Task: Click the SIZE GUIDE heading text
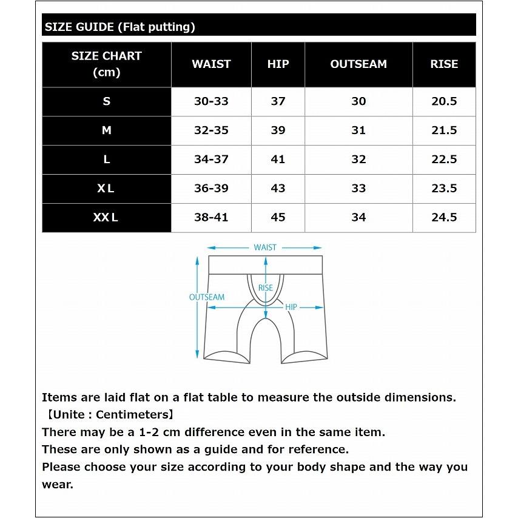[119, 27]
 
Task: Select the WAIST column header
[211, 64]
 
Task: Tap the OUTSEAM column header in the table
[358, 64]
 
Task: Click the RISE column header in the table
[444, 64]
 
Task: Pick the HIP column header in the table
[278, 64]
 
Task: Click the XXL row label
[106, 217]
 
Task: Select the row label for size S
[106, 101]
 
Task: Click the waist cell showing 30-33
[211, 101]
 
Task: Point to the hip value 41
[278, 160]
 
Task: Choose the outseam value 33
[358, 188]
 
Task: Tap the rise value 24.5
[444, 217]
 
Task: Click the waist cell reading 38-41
[211, 217]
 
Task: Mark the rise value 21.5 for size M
[444, 130]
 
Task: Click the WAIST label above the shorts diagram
[265, 247]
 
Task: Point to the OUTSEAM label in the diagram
[207, 297]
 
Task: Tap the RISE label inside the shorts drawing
[266, 288]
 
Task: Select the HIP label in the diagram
[291, 308]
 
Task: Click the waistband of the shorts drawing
[230, 265]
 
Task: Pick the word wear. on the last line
[57, 484]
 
